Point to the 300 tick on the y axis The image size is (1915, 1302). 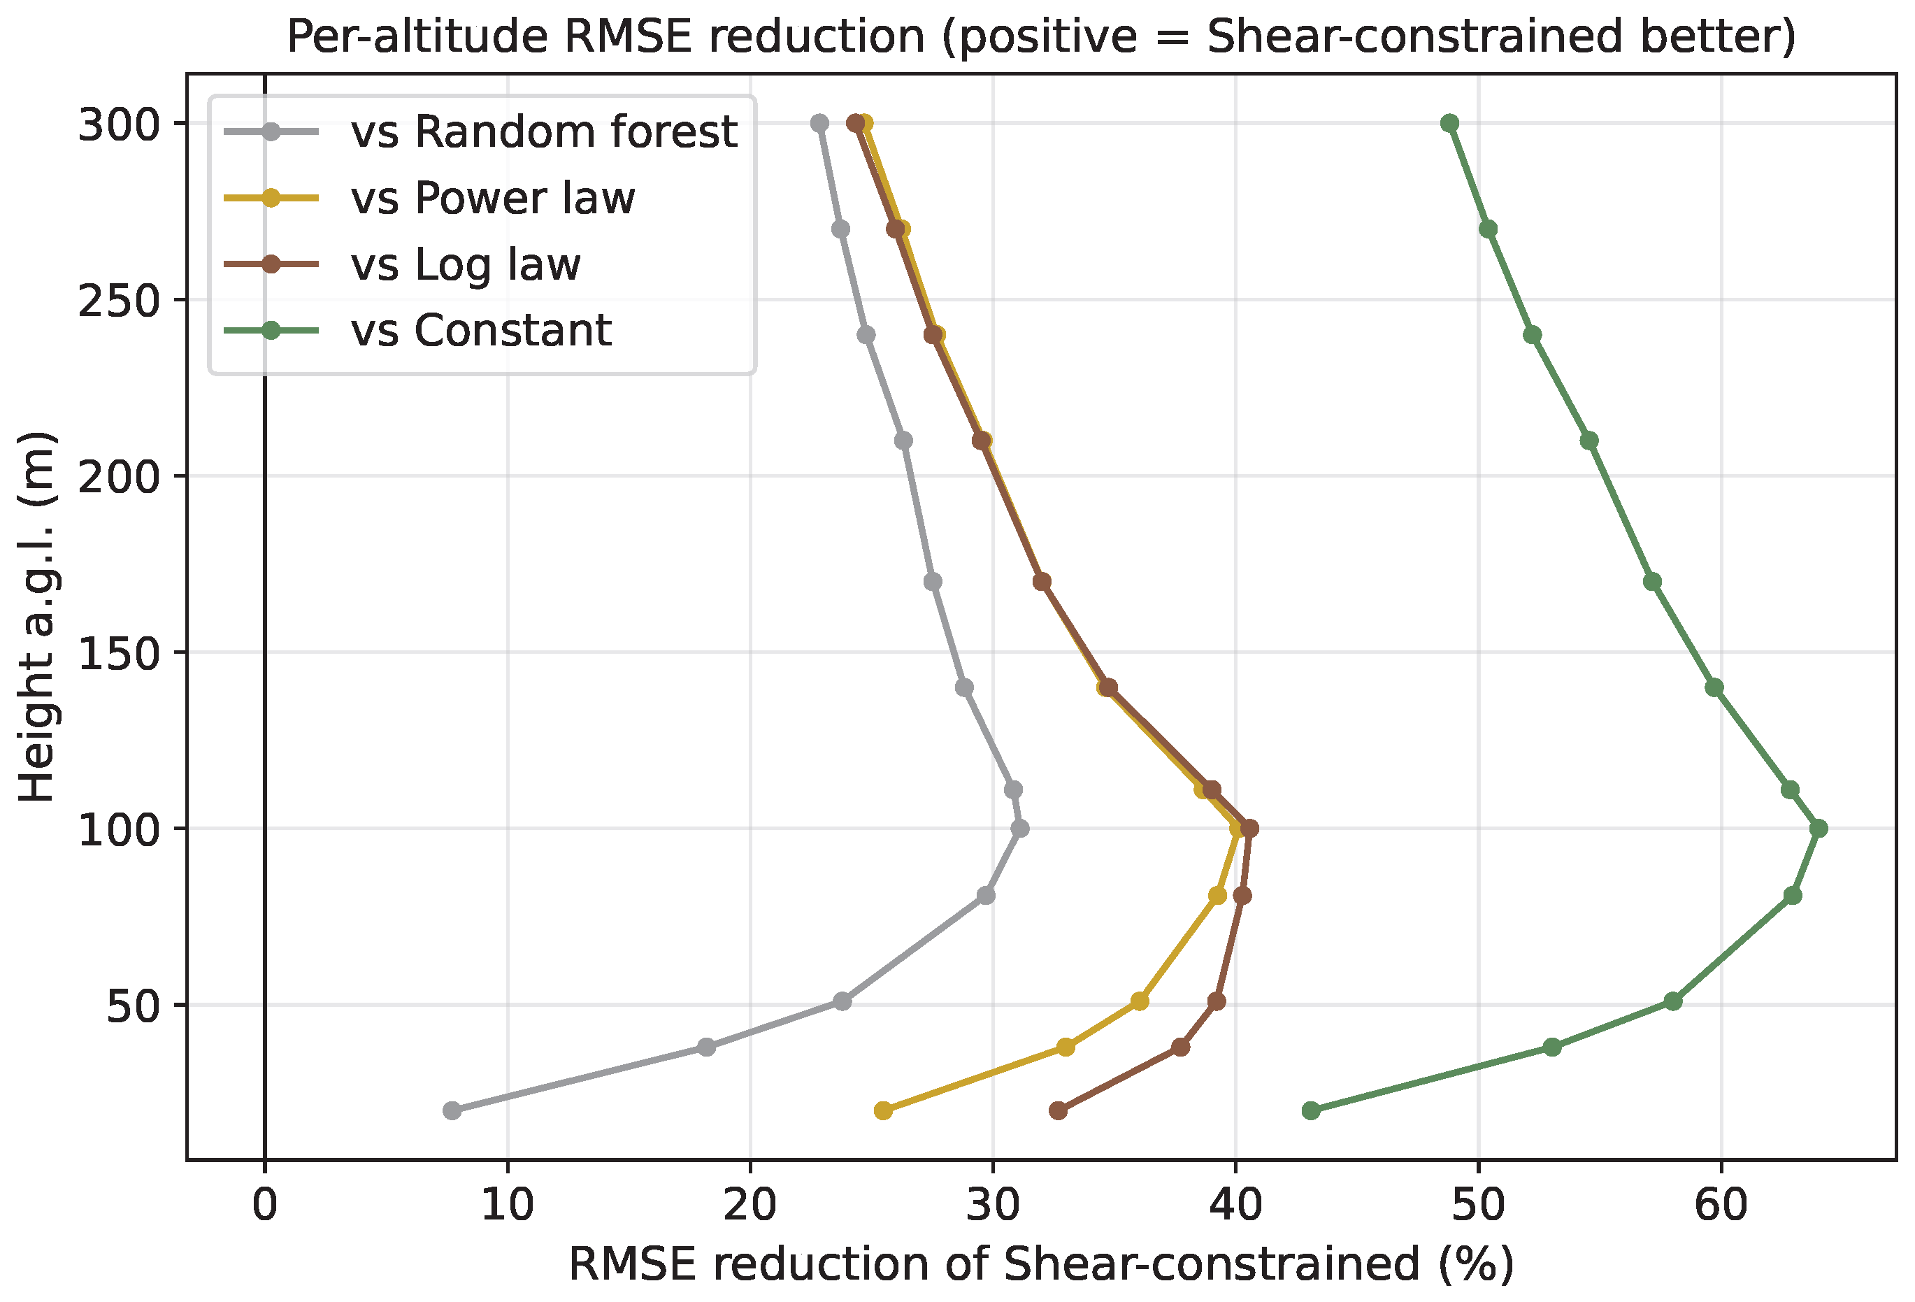coord(119,125)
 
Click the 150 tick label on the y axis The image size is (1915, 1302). coord(119,654)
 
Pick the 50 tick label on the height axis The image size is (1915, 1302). coord(133,1006)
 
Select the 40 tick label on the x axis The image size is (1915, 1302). coord(1235,1205)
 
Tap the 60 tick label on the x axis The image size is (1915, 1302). coord(1721,1205)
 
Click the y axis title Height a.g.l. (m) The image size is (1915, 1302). coord(36,617)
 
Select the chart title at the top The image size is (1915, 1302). coord(1042,36)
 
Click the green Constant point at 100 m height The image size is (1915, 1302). coord(1819,828)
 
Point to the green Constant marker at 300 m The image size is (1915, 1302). coord(1449,124)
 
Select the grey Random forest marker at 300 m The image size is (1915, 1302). coord(819,124)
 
